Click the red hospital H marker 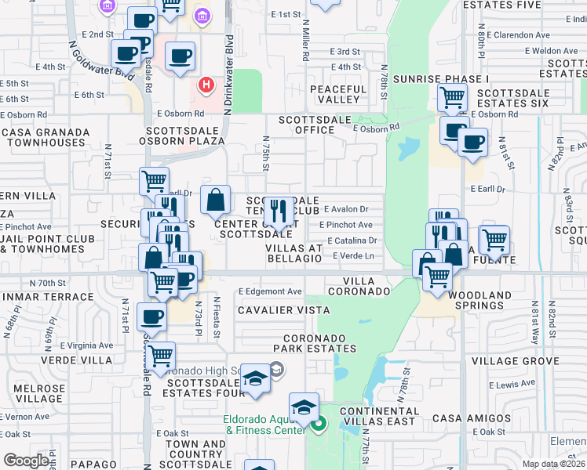coord(206,85)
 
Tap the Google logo coord(26,461)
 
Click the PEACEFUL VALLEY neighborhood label coord(338,94)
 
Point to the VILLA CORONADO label coord(366,286)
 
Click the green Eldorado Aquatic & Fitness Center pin coord(318,427)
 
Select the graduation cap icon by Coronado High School coord(255,379)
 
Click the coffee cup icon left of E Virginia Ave coord(151,316)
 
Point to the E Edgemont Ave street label coord(270,291)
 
